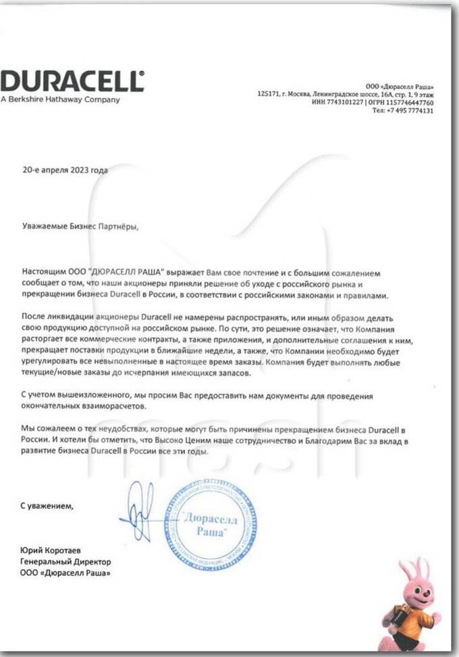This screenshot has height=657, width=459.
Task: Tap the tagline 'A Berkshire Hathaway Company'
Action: tap(60, 100)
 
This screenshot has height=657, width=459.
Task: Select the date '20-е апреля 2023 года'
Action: tap(65, 170)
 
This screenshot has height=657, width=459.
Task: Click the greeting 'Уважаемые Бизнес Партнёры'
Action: tap(79, 227)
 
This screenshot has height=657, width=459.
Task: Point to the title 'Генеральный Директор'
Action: tap(65, 561)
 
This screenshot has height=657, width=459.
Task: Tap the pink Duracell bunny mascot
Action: tap(411, 602)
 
